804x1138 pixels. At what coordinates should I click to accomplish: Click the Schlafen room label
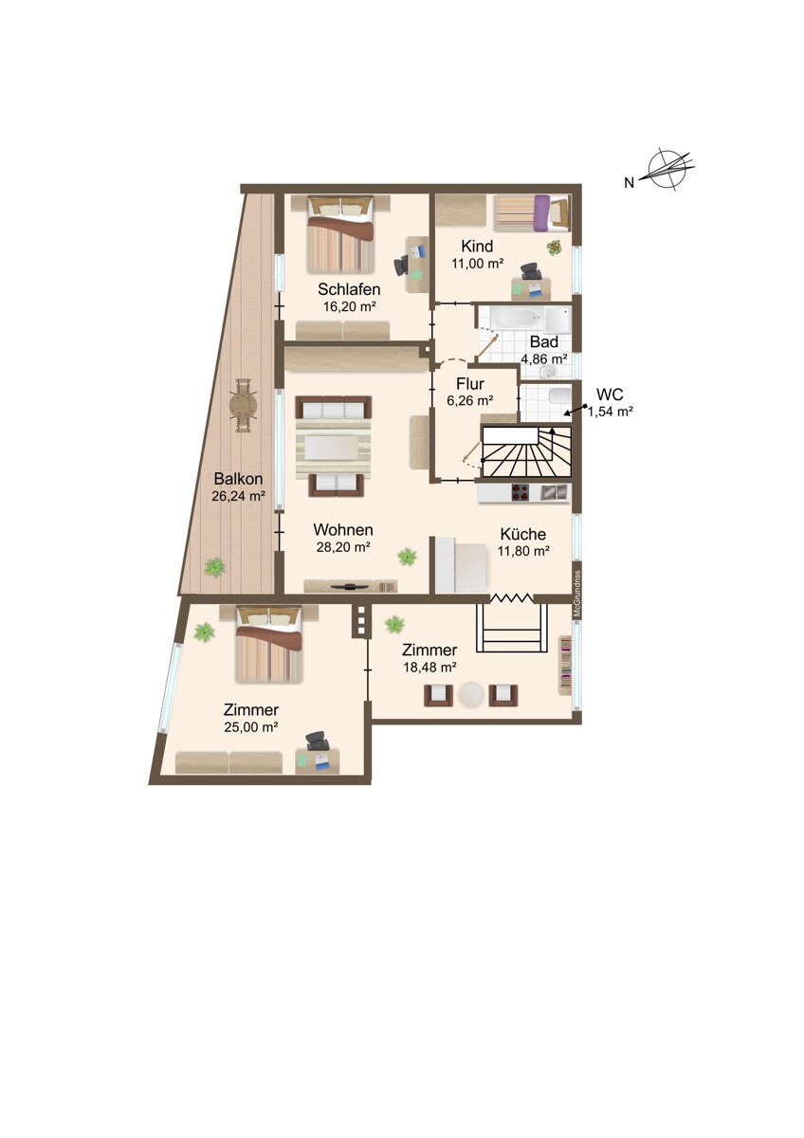click(x=349, y=289)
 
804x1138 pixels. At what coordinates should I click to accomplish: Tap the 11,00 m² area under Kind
click(x=477, y=264)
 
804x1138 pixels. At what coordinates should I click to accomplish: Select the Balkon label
click(x=238, y=479)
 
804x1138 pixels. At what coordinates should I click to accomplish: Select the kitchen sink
click(x=554, y=492)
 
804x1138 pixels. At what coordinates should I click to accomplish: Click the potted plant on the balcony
click(x=215, y=567)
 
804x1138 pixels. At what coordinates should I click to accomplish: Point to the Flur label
click(x=470, y=383)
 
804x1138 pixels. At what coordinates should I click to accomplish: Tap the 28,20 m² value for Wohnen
click(x=343, y=546)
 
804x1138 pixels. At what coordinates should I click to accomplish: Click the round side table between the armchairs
click(x=471, y=695)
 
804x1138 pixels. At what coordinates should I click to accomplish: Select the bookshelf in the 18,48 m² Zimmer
click(x=565, y=665)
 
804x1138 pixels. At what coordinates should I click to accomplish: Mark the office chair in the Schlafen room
click(x=401, y=265)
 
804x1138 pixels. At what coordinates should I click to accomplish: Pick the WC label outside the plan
click(x=610, y=395)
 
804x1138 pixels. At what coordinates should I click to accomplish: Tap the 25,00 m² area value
click(x=251, y=727)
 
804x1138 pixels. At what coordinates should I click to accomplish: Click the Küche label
click(x=523, y=534)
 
